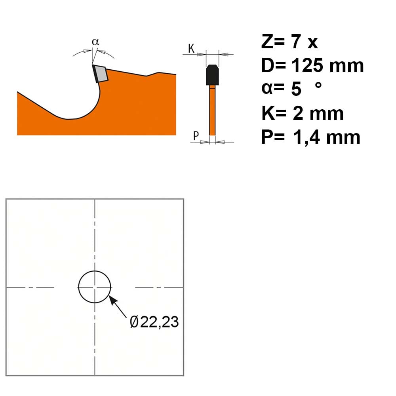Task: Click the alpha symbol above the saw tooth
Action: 95,42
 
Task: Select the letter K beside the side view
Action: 191,48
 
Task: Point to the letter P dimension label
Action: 196,135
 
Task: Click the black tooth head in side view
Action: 212,75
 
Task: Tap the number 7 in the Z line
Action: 296,42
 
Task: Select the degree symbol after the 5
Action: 318,85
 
